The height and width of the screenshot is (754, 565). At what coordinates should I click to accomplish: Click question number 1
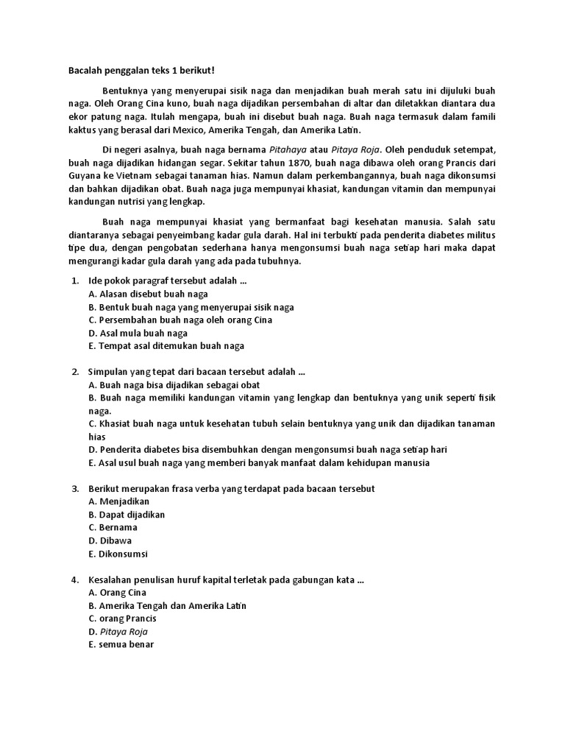coord(75,281)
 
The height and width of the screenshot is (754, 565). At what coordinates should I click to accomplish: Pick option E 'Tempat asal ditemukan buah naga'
coord(166,345)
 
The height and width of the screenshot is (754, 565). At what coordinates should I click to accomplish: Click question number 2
coord(75,371)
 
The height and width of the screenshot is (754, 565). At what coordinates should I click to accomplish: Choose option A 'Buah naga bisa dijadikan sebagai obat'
coord(174,384)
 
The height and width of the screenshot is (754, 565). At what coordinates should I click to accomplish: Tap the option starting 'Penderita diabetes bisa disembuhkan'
coord(268,449)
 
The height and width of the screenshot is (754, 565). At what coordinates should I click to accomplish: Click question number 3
coord(75,488)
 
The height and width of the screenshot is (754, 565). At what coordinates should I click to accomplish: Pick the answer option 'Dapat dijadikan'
coord(127,515)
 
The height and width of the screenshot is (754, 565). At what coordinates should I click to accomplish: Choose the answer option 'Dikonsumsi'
coord(118,554)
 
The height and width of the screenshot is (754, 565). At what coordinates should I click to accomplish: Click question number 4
coord(75,579)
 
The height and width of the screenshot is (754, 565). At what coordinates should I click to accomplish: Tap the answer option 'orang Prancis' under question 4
coord(122,619)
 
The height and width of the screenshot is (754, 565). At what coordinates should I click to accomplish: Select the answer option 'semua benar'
coord(121,644)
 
